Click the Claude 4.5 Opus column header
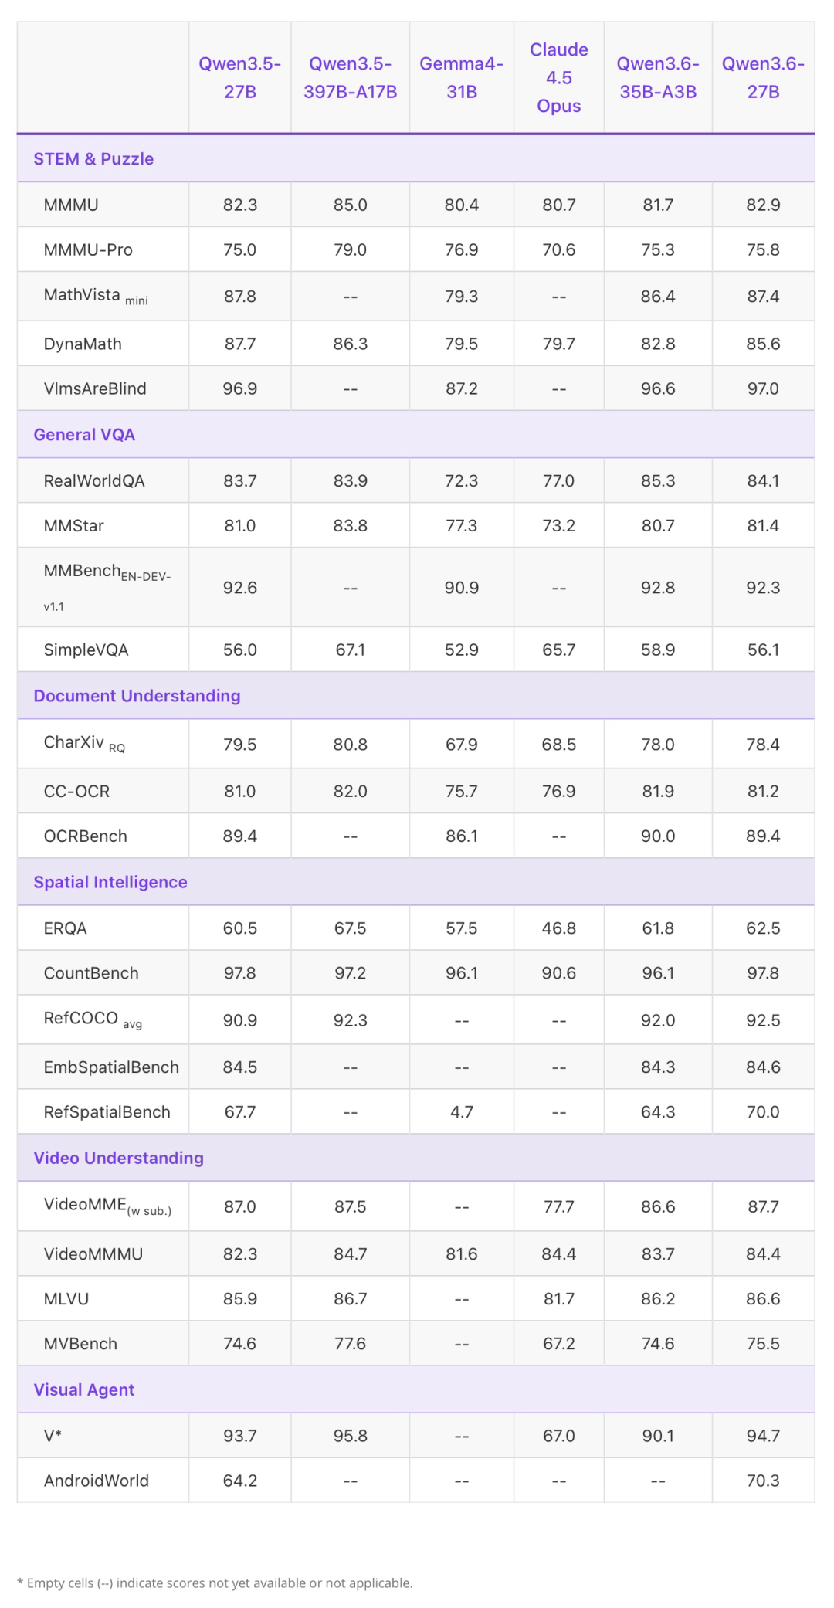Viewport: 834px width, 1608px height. [x=558, y=77]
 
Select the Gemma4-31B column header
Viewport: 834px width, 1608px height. [x=461, y=77]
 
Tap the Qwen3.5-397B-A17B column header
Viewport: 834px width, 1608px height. [x=350, y=77]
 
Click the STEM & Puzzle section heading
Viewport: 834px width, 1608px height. [x=93, y=158]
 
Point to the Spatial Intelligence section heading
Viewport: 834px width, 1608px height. [x=110, y=882]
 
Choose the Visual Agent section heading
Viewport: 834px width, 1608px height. [x=84, y=1389]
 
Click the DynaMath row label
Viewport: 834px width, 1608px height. [x=83, y=344]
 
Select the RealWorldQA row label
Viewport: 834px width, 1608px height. [x=94, y=480]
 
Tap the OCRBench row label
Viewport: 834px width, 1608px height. [x=86, y=836]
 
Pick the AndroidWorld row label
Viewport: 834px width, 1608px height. [x=97, y=1481]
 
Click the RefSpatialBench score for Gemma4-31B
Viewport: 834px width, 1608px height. [x=461, y=1111]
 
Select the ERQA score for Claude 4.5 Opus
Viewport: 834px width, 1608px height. [x=558, y=928]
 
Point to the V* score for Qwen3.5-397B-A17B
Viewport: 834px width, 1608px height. [x=350, y=1436]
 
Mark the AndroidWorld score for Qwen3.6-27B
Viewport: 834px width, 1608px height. [x=763, y=1481]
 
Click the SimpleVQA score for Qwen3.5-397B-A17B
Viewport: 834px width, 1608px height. [x=350, y=650]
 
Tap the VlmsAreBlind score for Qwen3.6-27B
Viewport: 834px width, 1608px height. [x=763, y=388]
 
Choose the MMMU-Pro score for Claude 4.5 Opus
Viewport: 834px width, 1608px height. [x=558, y=249]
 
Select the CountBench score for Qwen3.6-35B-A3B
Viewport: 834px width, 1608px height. [x=658, y=973]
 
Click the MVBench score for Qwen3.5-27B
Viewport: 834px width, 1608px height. [x=240, y=1344]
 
